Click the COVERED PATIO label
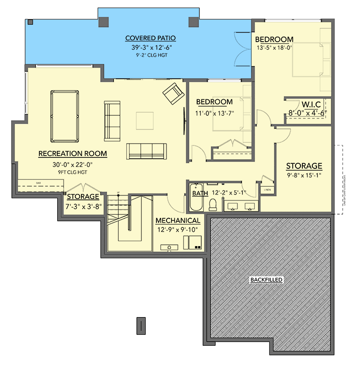click(x=144, y=38)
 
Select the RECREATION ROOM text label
click(x=73, y=154)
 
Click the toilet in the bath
click(x=213, y=204)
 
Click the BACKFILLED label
click(x=266, y=279)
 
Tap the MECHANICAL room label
click(x=177, y=221)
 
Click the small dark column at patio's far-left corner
click(x=30, y=22)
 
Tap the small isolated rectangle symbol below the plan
click(x=142, y=326)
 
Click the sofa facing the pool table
click(x=112, y=121)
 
